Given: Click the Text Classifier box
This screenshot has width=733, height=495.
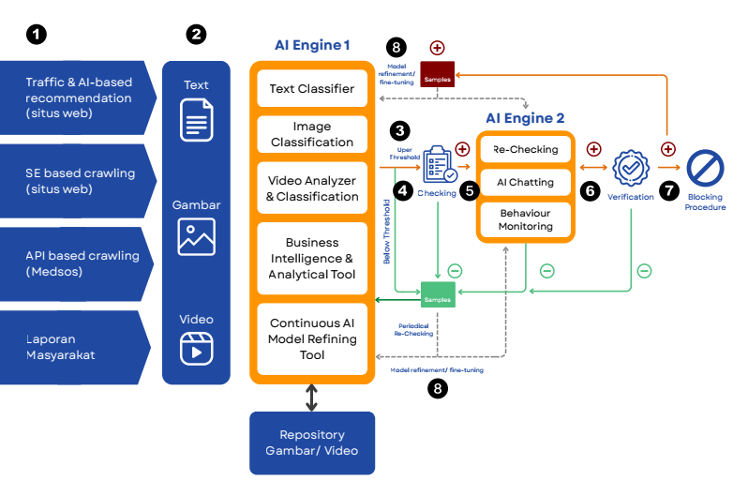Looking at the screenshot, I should coord(312,89).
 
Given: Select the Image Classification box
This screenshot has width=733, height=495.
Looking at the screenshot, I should coord(312,134).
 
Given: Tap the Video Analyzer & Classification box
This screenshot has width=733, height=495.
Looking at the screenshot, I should coord(312,188).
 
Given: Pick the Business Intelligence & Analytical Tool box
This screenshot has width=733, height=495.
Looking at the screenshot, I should coord(312,258).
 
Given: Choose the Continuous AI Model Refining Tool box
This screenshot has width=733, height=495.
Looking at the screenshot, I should coord(312,338).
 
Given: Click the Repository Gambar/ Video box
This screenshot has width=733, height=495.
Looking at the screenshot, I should coord(312,442).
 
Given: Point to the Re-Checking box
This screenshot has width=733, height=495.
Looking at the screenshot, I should coord(525,149).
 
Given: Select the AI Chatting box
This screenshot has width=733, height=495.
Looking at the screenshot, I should coord(525,182).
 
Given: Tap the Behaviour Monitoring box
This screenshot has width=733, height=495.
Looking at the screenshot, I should coord(525,218).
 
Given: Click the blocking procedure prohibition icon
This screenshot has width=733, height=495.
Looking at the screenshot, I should coord(705,170).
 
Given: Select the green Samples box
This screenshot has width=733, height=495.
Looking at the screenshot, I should coord(438,294).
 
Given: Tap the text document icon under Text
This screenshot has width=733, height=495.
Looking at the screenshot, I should coord(196,121).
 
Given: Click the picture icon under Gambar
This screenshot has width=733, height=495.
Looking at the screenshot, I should coord(196,236).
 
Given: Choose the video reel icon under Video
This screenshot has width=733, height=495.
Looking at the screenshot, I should coord(196,348).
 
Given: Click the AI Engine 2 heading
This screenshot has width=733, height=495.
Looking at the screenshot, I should coord(525,118).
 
